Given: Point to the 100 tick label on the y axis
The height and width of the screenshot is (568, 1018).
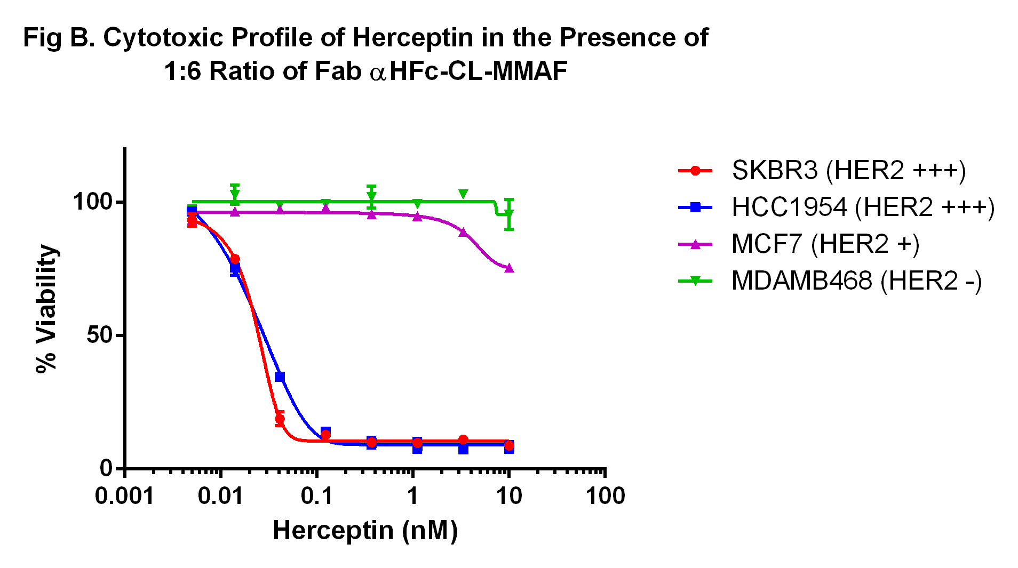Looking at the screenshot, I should (92, 202).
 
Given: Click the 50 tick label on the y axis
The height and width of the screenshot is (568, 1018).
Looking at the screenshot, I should (100, 335).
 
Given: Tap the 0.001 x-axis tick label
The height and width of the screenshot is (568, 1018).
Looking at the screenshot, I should (124, 497).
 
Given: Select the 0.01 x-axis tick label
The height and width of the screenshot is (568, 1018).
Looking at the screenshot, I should (221, 497).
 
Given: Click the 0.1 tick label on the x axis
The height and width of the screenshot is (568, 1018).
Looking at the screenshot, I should (317, 497).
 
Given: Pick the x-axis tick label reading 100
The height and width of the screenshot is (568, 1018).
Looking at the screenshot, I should (605, 497).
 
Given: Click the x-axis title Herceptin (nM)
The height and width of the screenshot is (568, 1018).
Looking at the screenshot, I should (365, 531).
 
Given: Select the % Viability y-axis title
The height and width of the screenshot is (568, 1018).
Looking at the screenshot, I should (46, 309).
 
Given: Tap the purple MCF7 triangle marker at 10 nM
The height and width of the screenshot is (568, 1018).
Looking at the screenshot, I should (509, 268).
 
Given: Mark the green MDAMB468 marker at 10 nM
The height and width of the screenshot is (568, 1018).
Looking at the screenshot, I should (509, 214).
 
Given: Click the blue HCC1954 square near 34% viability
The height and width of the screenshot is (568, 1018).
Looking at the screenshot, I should (280, 377).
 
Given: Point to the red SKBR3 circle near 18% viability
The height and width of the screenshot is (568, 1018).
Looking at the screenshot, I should (280, 419).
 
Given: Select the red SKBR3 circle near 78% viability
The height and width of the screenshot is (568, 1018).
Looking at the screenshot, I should (235, 259).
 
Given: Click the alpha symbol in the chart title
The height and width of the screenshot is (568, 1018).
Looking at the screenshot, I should (378, 73).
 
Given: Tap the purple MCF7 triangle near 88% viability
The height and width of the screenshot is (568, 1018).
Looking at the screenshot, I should (463, 233).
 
